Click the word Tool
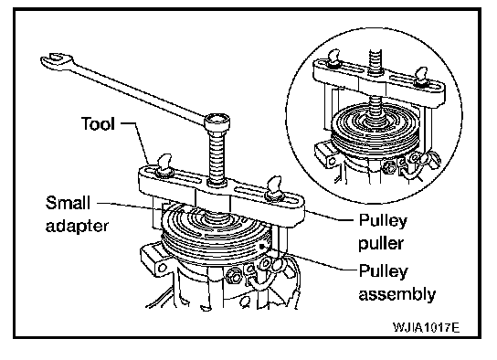(98, 123)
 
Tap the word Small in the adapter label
(68, 203)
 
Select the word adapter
(77, 227)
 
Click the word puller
(381, 244)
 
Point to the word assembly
(397, 294)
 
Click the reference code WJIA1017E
(426, 327)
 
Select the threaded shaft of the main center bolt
(217, 156)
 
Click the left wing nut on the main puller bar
(164, 165)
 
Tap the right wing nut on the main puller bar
(273, 189)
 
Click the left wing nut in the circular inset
(333, 59)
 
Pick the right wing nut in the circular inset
(421, 77)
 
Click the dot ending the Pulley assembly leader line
(261, 246)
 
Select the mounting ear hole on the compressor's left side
(163, 268)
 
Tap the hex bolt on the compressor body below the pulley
(234, 273)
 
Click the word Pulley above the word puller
(383, 221)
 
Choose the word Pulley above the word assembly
(383, 271)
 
